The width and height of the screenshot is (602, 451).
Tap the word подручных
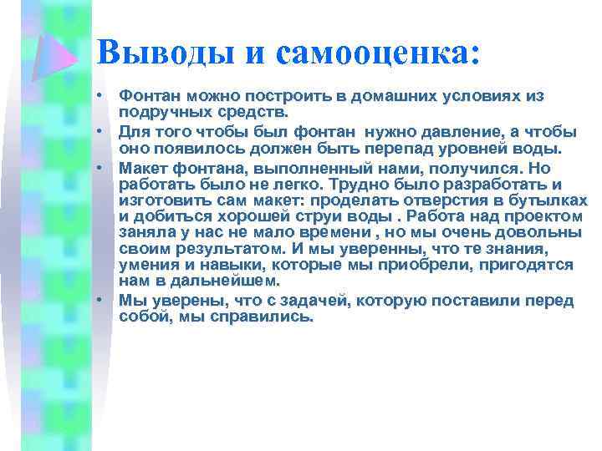[x=159, y=111]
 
